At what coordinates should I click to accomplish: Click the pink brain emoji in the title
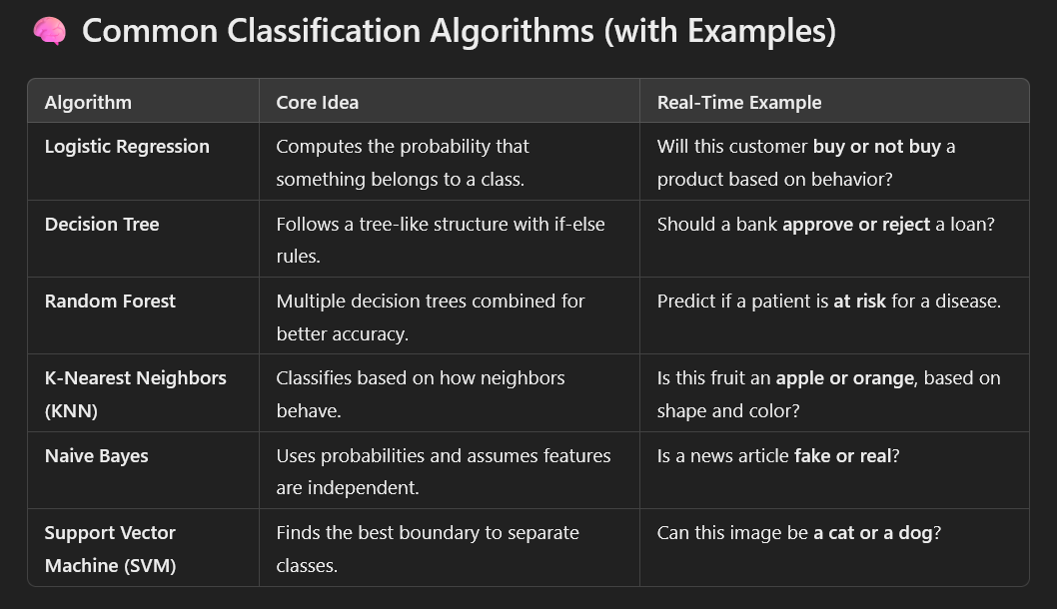click(x=49, y=33)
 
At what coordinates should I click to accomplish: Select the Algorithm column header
click(x=88, y=102)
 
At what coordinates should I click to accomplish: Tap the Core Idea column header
click(x=317, y=102)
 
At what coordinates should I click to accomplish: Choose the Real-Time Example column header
click(x=739, y=102)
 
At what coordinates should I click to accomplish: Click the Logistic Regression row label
click(x=127, y=147)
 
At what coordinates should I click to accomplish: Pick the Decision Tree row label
click(x=102, y=225)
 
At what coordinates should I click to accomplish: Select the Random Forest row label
click(x=110, y=302)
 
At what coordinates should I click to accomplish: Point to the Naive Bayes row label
click(x=96, y=456)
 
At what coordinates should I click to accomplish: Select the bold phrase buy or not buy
click(x=876, y=147)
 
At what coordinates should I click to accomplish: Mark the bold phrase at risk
click(x=859, y=302)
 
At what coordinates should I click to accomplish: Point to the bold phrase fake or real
click(x=841, y=456)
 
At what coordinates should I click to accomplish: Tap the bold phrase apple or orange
click(x=844, y=378)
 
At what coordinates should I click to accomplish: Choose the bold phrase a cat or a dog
click(x=872, y=533)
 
